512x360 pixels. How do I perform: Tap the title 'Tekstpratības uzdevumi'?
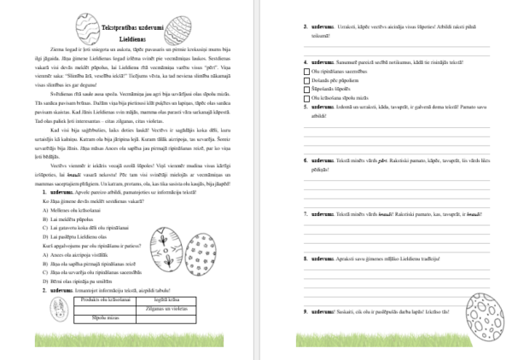pos(128,29)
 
